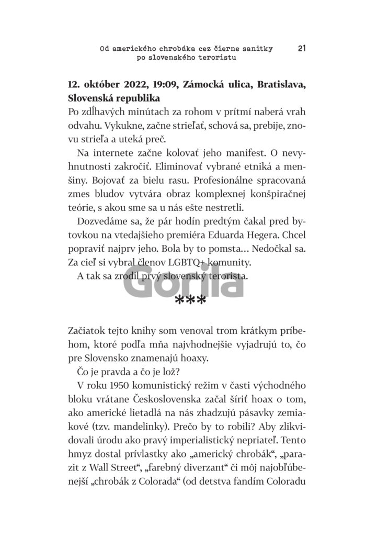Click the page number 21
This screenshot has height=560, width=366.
302,49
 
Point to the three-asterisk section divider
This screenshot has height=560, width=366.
190,301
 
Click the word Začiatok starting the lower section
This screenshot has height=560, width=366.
89,331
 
